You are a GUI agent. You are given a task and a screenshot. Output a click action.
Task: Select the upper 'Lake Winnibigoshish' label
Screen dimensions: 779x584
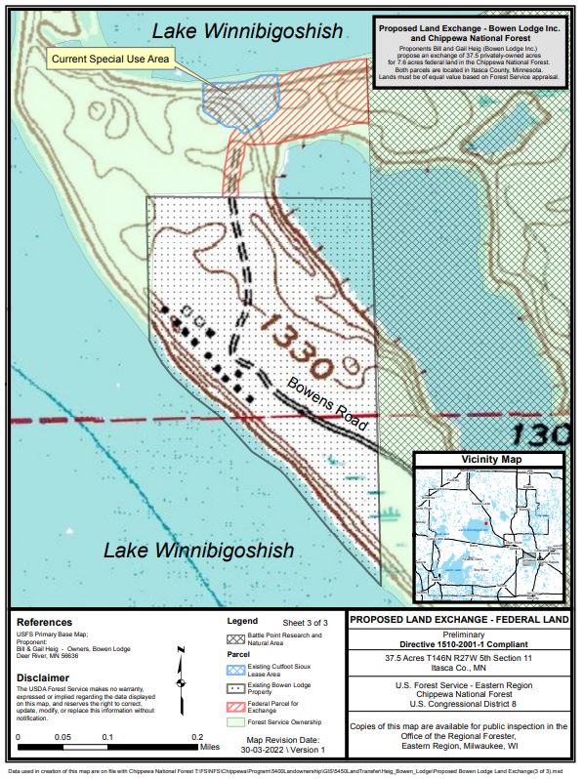coord(248,31)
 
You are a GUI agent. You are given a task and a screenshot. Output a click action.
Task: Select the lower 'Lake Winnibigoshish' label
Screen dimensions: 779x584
coord(199,551)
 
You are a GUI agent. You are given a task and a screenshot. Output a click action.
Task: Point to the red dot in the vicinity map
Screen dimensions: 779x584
coord(485,524)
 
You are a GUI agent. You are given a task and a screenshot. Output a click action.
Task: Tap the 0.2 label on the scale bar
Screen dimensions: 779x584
coord(196,737)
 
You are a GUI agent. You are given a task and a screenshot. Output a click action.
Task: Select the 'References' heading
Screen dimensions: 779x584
coord(45,622)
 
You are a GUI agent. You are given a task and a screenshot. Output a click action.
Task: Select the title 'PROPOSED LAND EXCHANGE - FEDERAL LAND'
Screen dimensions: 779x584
coord(457,620)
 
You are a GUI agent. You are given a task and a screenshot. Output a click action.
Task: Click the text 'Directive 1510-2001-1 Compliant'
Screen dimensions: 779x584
coord(457,644)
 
